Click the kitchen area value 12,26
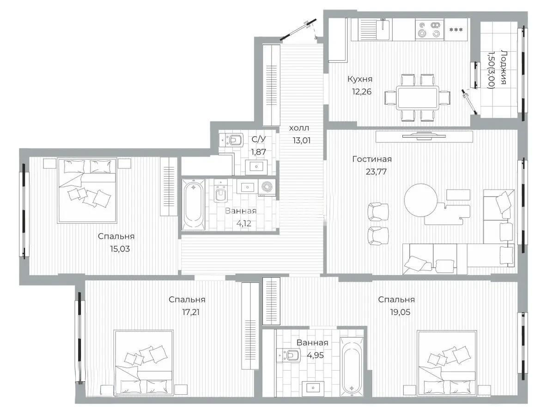pos(362,92)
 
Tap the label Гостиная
pos(371,159)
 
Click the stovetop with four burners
pos(429,30)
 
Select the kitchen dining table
pos(418,97)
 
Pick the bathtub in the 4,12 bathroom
pos(192,204)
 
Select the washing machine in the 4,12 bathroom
pos(266,187)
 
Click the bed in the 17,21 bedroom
pos(143,363)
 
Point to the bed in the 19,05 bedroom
pos(446,363)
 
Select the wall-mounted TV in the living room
pos(424,136)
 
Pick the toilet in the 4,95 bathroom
pos(290,355)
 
